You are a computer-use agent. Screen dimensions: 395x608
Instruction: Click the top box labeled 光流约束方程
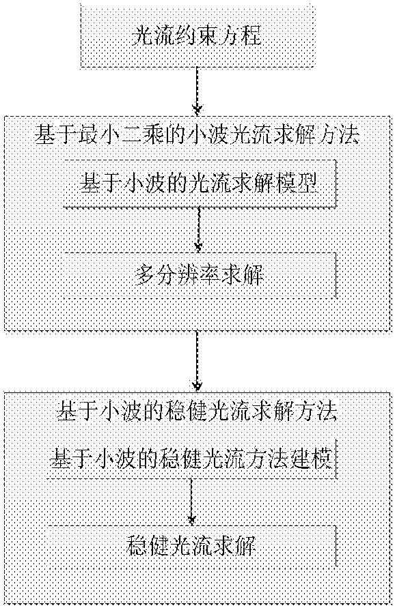click(197, 35)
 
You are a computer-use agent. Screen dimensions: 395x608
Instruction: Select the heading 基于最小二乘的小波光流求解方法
click(197, 136)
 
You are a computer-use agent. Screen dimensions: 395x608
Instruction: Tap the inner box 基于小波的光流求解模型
click(200, 183)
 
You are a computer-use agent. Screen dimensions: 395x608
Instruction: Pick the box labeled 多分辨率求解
click(200, 275)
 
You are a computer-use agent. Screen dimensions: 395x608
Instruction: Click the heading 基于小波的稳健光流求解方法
click(197, 411)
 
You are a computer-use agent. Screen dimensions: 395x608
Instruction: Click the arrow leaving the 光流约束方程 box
click(197, 92)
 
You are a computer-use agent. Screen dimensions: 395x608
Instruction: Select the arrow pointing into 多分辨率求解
click(199, 229)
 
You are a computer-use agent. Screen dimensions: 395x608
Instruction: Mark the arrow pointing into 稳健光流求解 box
click(191, 502)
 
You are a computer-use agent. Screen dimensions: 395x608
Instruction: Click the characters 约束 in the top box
click(186, 36)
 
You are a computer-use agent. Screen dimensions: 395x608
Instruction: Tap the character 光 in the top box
click(142, 36)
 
